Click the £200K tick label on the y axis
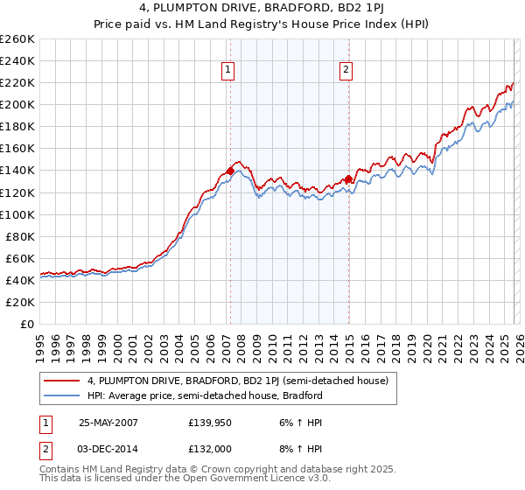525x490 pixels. click(17, 105)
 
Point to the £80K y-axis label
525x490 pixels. click(19, 236)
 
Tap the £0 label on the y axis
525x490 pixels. click(26, 324)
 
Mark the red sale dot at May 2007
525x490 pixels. click(230, 171)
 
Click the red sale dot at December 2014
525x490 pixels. click(347, 179)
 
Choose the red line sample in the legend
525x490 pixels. click(61, 381)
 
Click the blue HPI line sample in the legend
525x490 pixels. click(61, 395)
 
